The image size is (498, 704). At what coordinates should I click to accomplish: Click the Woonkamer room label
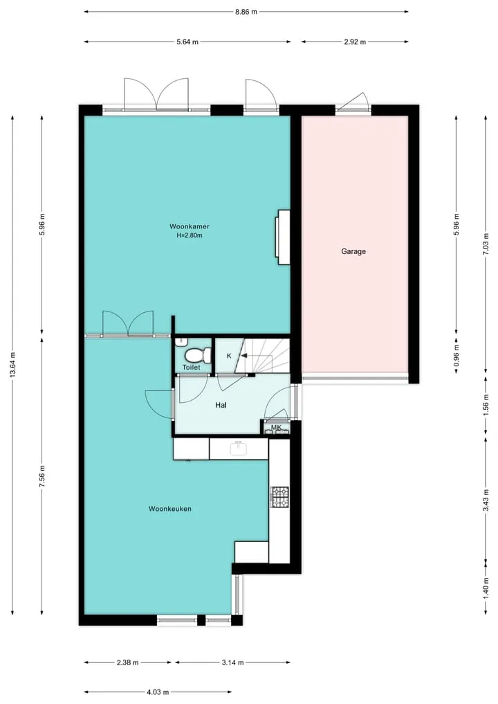(190, 227)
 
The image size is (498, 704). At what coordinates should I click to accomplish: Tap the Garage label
(353, 251)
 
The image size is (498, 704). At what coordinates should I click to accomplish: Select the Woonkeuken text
(170, 509)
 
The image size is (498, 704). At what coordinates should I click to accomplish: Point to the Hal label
(221, 405)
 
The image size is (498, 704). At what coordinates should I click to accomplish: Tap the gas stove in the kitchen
(279, 497)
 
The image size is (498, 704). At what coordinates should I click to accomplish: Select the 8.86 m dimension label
(246, 12)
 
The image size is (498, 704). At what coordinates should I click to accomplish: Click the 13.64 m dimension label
(12, 365)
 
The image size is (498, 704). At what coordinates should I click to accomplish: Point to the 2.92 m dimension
(355, 42)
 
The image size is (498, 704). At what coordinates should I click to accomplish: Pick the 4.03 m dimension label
(158, 692)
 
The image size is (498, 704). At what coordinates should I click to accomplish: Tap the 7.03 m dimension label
(486, 244)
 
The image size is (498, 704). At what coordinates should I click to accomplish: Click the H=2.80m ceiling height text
(190, 235)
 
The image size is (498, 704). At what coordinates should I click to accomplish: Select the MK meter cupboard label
(277, 427)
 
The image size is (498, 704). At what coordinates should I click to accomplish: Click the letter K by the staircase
(229, 356)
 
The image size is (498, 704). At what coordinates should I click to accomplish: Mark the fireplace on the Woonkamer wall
(283, 237)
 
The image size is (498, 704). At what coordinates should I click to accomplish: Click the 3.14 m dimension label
(233, 662)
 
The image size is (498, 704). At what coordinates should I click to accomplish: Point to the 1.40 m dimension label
(486, 587)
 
